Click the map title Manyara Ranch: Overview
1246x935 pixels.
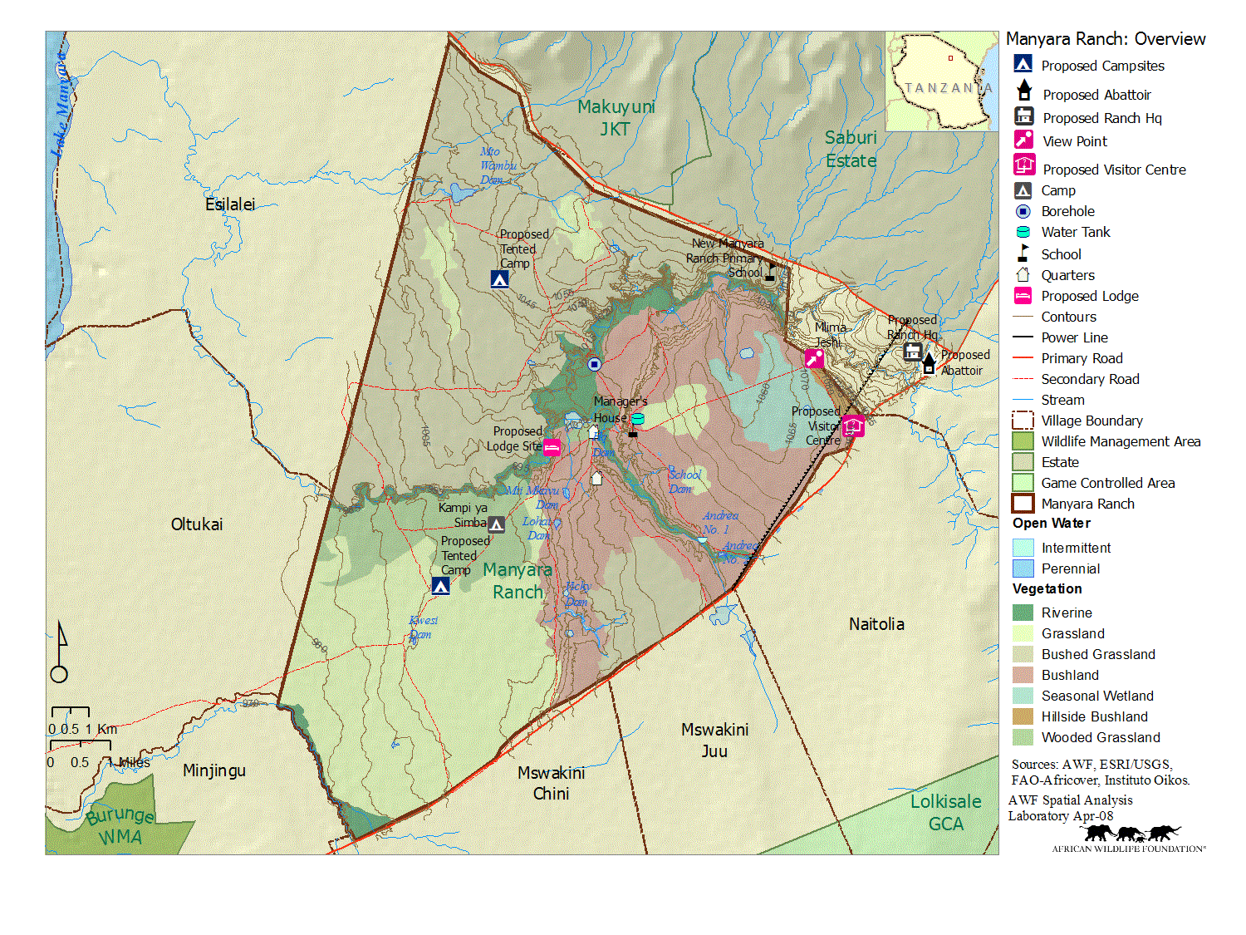[x=1105, y=39]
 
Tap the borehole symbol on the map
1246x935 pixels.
[x=594, y=364]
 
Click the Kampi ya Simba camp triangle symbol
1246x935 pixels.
[x=496, y=524]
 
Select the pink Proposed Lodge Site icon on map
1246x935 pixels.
[x=552, y=448]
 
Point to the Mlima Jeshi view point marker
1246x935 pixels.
[x=814, y=358]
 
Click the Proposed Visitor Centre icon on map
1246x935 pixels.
[x=853, y=426]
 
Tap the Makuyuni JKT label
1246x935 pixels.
[x=616, y=118]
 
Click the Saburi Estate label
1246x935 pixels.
[x=851, y=149]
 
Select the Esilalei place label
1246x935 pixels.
[x=230, y=204]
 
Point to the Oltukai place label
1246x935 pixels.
[x=197, y=524]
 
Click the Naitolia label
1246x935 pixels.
[x=876, y=624]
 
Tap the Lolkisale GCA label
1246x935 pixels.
[x=945, y=813]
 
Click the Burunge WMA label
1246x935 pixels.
[x=120, y=825]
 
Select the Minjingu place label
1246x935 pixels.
[x=214, y=770]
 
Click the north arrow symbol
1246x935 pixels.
[x=60, y=653]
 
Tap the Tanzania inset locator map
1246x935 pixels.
[x=941, y=81]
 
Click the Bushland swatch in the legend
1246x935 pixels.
[x=1023, y=675]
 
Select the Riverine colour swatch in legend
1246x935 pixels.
[x=1023, y=613]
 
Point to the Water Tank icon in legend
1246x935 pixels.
[x=1023, y=233]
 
